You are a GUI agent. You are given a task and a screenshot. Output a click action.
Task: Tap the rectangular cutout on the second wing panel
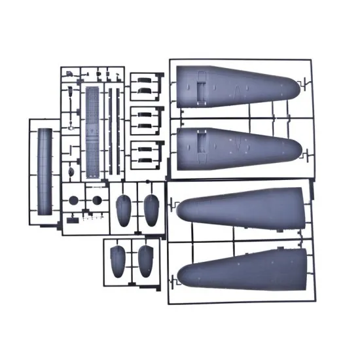[x=202, y=139]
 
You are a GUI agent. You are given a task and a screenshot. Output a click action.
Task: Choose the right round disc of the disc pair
[x=97, y=200]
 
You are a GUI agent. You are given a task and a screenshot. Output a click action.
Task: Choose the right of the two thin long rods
[x=118, y=131]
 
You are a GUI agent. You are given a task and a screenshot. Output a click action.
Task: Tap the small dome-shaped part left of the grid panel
[x=71, y=171]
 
